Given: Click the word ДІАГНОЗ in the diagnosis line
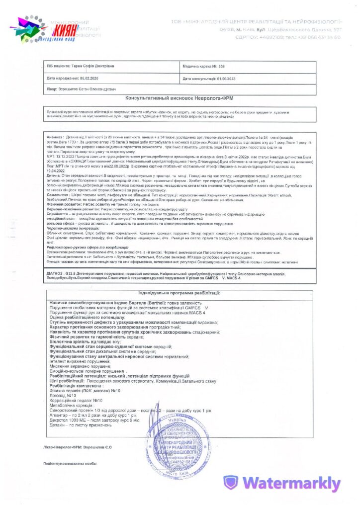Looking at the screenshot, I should pos(55,273).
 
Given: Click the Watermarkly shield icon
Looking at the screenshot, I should pos(230,483).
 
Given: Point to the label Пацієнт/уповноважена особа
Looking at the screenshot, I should pos(70,463).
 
